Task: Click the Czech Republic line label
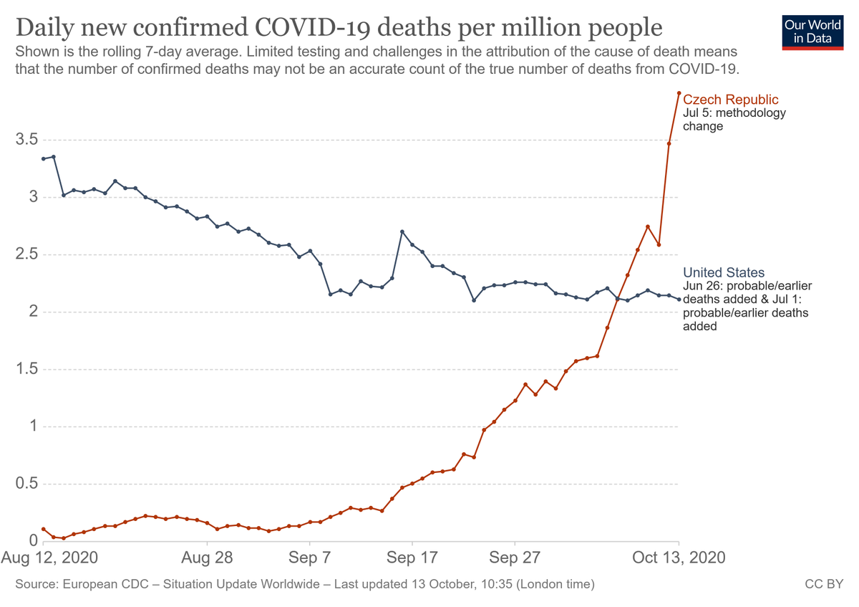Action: click(x=730, y=100)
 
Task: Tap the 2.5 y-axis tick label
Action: click(x=27, y=254)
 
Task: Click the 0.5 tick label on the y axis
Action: click(x=27, y=484)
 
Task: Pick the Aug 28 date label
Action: click(x=206, y=558)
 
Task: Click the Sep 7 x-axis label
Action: click(x=309, y=558)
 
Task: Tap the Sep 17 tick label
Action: click(x=412, y=558)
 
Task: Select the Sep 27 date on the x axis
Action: click(x=514, y=558)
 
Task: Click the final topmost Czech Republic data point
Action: click(x=679, y=93)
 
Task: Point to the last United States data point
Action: click(x=679, y=299)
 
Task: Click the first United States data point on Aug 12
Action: click(x=44, y=158)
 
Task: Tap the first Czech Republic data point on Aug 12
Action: click(x=44, y=529)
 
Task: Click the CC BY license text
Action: click(x=830, y=584)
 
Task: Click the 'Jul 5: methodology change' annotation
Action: click(x=734, y=120)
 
